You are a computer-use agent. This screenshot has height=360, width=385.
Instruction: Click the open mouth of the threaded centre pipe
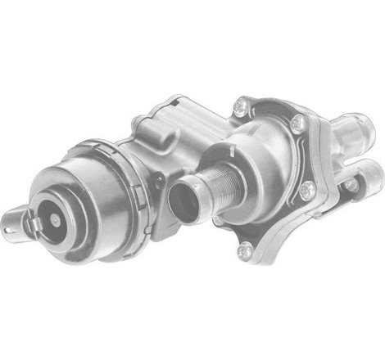tap(183, 196)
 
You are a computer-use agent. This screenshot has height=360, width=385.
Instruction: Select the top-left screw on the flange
tap(239, 105)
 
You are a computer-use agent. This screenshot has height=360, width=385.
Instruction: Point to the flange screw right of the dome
tap(307, 189)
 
